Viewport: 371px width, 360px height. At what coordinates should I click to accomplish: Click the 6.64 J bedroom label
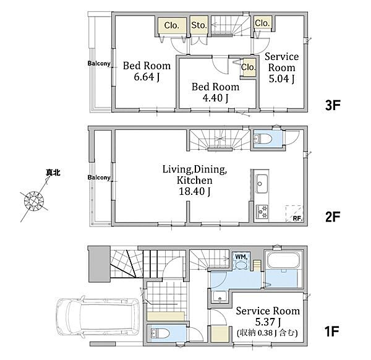tap(147, 71)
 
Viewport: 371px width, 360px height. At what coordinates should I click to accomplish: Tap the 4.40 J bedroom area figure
tap(215, 98)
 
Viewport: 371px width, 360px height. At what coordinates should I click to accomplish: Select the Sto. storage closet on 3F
tap(199, 25)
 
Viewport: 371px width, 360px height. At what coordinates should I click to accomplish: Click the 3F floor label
tap(333, 105)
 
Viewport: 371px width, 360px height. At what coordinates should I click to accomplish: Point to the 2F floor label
tap(333, 216)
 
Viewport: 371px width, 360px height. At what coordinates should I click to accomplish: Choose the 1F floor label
tap(332, 331)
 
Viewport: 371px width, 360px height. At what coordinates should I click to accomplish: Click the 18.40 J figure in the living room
tap(195, 191)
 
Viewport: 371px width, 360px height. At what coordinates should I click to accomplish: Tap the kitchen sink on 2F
tap(262, 184)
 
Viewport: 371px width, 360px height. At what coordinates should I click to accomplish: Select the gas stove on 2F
tap(262, 211)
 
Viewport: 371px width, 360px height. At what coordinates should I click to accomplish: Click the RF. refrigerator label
tap(297, 219)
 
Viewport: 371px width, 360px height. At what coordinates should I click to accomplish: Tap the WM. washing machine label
tap(241, 257)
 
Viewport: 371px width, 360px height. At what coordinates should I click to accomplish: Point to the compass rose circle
tap(34, 201)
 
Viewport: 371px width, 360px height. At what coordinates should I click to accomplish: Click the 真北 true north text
tap(53, 173)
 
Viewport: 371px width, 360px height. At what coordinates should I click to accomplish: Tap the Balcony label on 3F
tap(99, 64)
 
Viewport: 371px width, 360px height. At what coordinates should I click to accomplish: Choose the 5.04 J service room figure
tap(281, 79)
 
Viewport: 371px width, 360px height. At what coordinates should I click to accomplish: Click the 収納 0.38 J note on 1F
tap(267, 333)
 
